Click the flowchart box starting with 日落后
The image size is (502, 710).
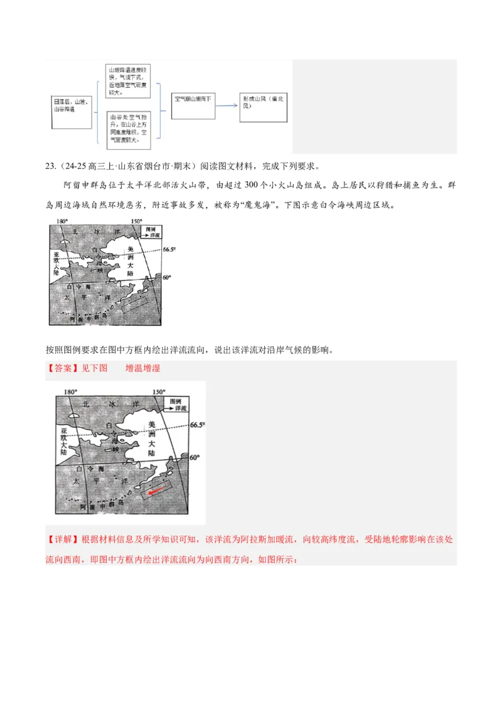coord(71,105)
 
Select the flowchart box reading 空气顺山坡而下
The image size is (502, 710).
coord(193,103)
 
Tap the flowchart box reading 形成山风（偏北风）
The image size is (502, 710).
coord(263,103)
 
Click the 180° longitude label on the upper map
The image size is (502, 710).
coord(61,221)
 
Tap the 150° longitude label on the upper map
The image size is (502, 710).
coord(136,221)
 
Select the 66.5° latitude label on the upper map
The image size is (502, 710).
coord(169,249)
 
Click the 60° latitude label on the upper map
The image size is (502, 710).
coord(167,277)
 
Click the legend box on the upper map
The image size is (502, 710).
coord(152,232)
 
